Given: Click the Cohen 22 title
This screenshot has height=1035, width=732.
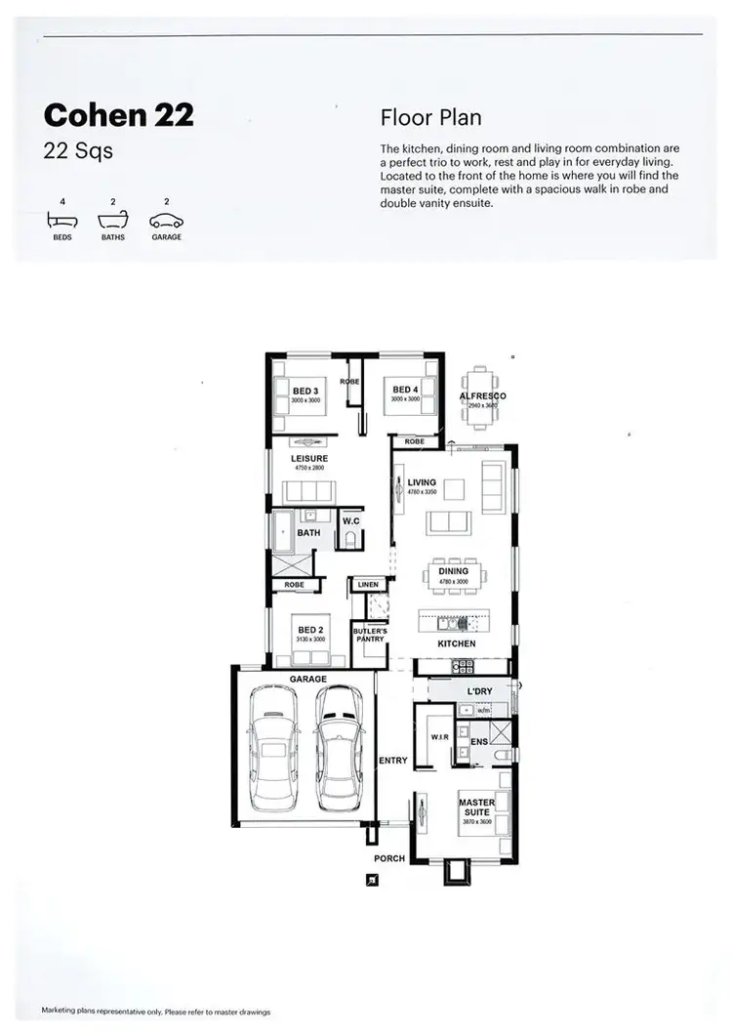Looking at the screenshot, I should coord(118,115).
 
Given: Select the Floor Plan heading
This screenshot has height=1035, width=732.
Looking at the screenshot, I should coord(430,118).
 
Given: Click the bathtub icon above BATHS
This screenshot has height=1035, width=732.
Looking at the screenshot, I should coord(112,222).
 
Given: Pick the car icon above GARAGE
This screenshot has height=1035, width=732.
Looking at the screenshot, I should coord(166,222).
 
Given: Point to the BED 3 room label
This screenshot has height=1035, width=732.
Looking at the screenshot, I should coord(305,391).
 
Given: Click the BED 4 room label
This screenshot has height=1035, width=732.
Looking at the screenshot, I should coord(405,391).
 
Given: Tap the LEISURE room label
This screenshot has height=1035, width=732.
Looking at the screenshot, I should coord(309,458).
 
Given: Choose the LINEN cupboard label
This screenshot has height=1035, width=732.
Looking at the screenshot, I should coord(368,585).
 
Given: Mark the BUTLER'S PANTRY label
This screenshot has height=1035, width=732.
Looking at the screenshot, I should coord(370,635).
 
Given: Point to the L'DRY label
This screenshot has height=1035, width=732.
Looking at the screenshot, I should coord(480,691).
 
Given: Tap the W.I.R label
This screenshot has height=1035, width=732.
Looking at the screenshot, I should coord(439,737).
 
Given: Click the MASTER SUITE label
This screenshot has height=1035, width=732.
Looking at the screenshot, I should coord(477,807).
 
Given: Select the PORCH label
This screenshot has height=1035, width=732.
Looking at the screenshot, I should coord(388,859).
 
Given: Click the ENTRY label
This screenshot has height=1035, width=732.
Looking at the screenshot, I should coord(393,760).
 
